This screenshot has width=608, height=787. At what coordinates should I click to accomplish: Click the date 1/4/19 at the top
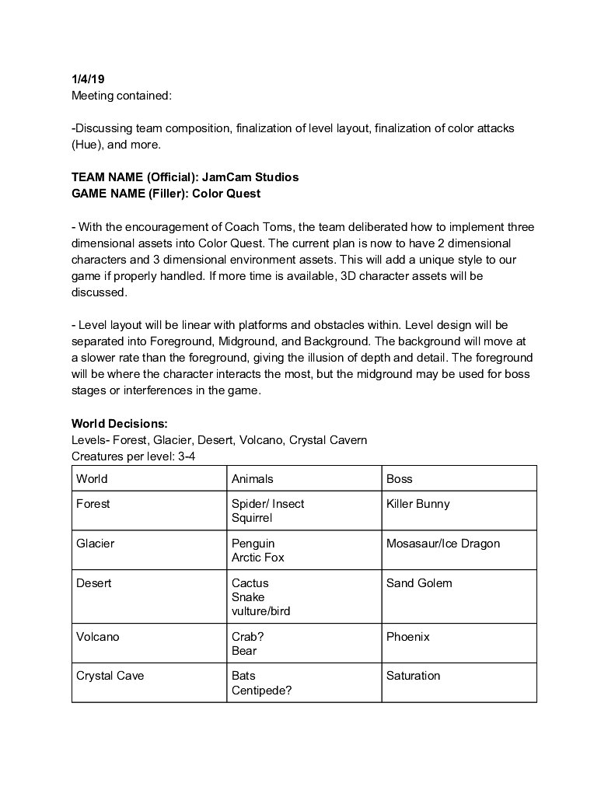tap(88, 79)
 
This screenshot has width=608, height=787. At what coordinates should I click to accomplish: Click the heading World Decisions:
tap(119, 424)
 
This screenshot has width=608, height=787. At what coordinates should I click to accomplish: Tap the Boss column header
tap(400, 479)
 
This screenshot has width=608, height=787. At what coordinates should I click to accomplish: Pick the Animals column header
tap(253, 479)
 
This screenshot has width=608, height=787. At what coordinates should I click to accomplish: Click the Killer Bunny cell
tap(418, 504)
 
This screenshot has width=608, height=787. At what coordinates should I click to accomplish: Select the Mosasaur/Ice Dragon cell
tap(443, 544)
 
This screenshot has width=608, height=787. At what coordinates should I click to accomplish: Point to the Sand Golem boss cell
tap(419, 583)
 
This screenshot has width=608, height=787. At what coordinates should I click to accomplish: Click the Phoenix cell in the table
tap(408, 637)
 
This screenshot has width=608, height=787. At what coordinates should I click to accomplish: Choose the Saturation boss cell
tap(414, 676)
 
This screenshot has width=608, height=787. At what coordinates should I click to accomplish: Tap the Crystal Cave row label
tap(110, 676)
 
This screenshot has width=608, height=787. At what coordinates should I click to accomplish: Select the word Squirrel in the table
tap(252, 518)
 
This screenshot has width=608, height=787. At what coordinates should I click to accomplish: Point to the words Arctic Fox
tap(258, 558)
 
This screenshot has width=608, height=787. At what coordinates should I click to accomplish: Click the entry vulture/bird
tap(261, 611)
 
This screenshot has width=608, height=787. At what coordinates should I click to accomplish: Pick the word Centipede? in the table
tap(262, 690)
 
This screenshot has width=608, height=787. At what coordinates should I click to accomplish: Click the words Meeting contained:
tap(121, 96)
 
